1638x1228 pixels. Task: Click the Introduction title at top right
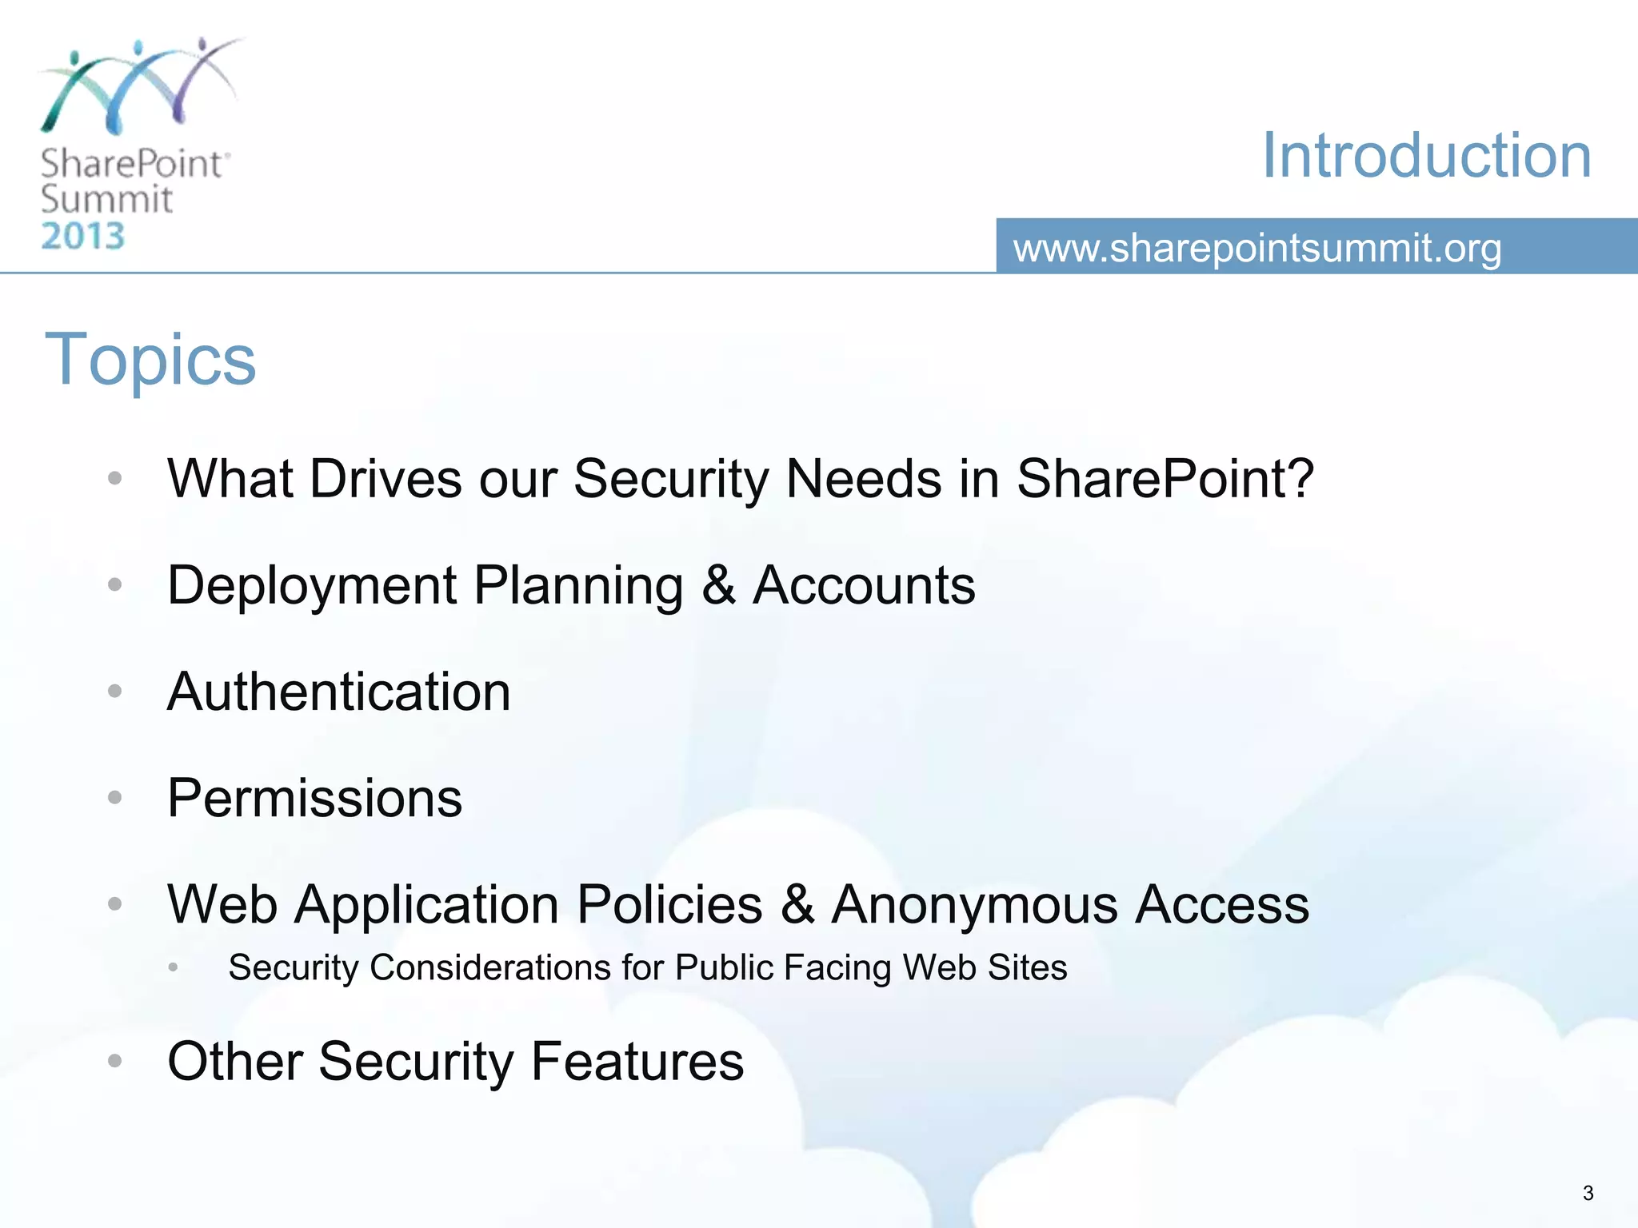pyautogui.click(x=1426, y=156)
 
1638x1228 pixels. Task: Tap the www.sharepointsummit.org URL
pyautogui.click(x=1256, y=248)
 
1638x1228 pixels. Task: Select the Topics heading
pyautogui.click(x=150, y=360)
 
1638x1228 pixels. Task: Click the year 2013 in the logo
pyautogui.click(x=83, y=237)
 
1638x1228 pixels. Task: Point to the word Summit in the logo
pyautogui.click(x=106, y=199)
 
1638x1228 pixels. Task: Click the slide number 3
pyautogui.click(x=1588, y=1194)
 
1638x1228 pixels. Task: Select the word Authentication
pyautogui.click(x=338, y=692)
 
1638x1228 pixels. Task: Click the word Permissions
pyautogui.click(x=314, y=798)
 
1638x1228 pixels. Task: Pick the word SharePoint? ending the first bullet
pyautogui.click(x=1165, y=479)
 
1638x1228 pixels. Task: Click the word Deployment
pyautogui.click(x=311, y=586)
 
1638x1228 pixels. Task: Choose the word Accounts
pyautogui.click(x=864, y=585)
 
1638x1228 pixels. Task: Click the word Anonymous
pyautogui.click(x=974, y=904)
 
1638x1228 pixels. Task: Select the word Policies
pyautogui.click(x=669, y=904)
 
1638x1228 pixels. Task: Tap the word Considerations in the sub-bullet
pyautogui.click(x=491, y=967)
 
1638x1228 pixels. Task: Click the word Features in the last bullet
pyautogui.click(x=637, y=1061)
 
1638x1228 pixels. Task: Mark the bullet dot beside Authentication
pyautogui.click(x=115, y=691)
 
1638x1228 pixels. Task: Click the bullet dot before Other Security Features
pyautogui.click(x=115, y=1061)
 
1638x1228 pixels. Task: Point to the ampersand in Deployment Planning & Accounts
pyautogui.click(x=718, y=585)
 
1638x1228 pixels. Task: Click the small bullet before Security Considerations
pyautogui.click(x=173, y=967)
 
